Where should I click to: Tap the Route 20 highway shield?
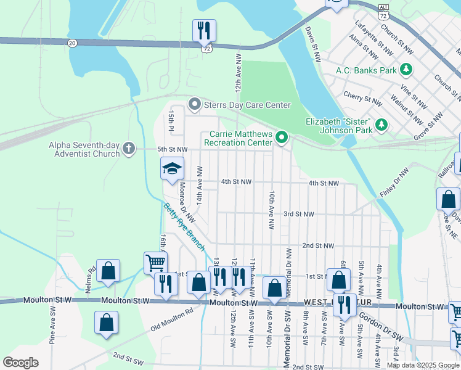click(73, 43)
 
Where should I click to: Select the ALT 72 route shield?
click(381, 7)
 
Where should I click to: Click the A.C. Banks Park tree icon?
click(406, 70)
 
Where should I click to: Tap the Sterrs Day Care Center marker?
click(195, 105)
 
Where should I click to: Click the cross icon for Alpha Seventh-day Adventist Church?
click(128, 149)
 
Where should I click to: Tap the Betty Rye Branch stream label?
click(184, 226)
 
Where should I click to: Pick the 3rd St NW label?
click(298, 214)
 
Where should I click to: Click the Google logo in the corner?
click(20, 363)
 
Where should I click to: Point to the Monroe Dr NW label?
click(187, 202)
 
